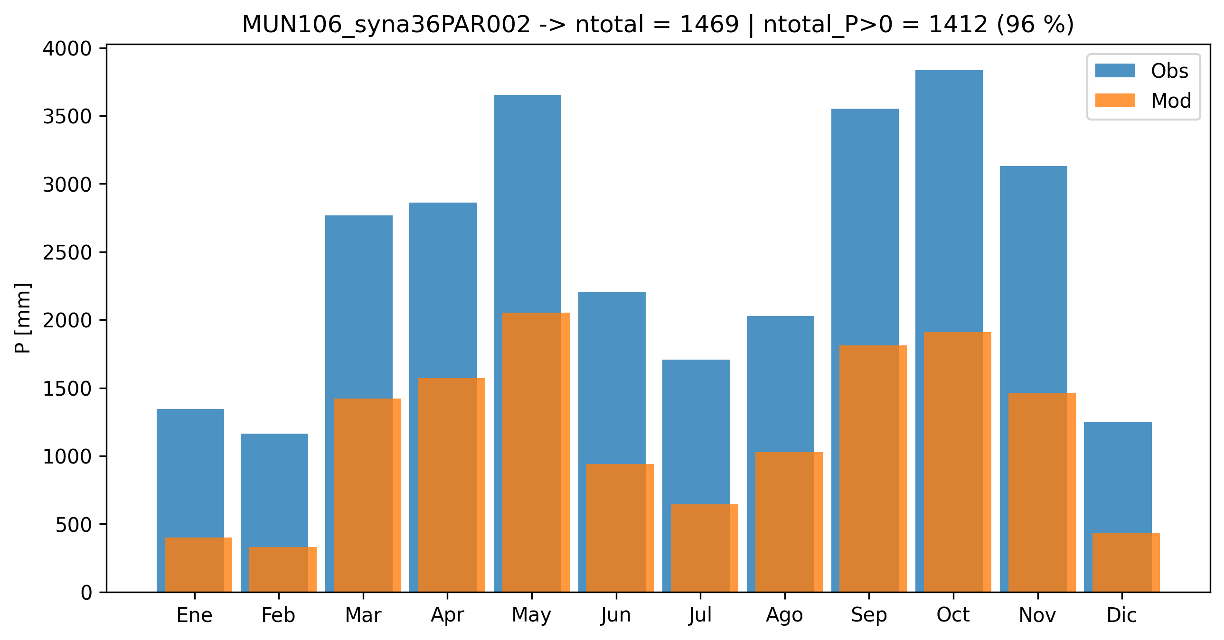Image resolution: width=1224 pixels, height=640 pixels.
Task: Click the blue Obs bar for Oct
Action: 949,199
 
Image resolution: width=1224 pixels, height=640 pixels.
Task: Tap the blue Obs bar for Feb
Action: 274,489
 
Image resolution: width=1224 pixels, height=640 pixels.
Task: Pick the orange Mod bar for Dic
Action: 1126,562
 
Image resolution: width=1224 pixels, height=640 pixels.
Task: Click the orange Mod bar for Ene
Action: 198,565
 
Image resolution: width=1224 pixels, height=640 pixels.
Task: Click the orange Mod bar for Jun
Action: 620,528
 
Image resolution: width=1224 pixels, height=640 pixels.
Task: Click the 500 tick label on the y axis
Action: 73,525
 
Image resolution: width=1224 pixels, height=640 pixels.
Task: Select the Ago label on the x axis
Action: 784,615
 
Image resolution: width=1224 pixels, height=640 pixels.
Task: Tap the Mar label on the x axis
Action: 363,615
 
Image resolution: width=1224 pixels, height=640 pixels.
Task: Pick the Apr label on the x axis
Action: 447,615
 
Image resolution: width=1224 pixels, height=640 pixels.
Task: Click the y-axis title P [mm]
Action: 22,317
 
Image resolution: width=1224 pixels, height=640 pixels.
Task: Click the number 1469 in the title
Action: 709,24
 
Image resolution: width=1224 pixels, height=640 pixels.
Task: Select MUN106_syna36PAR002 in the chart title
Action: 386,24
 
